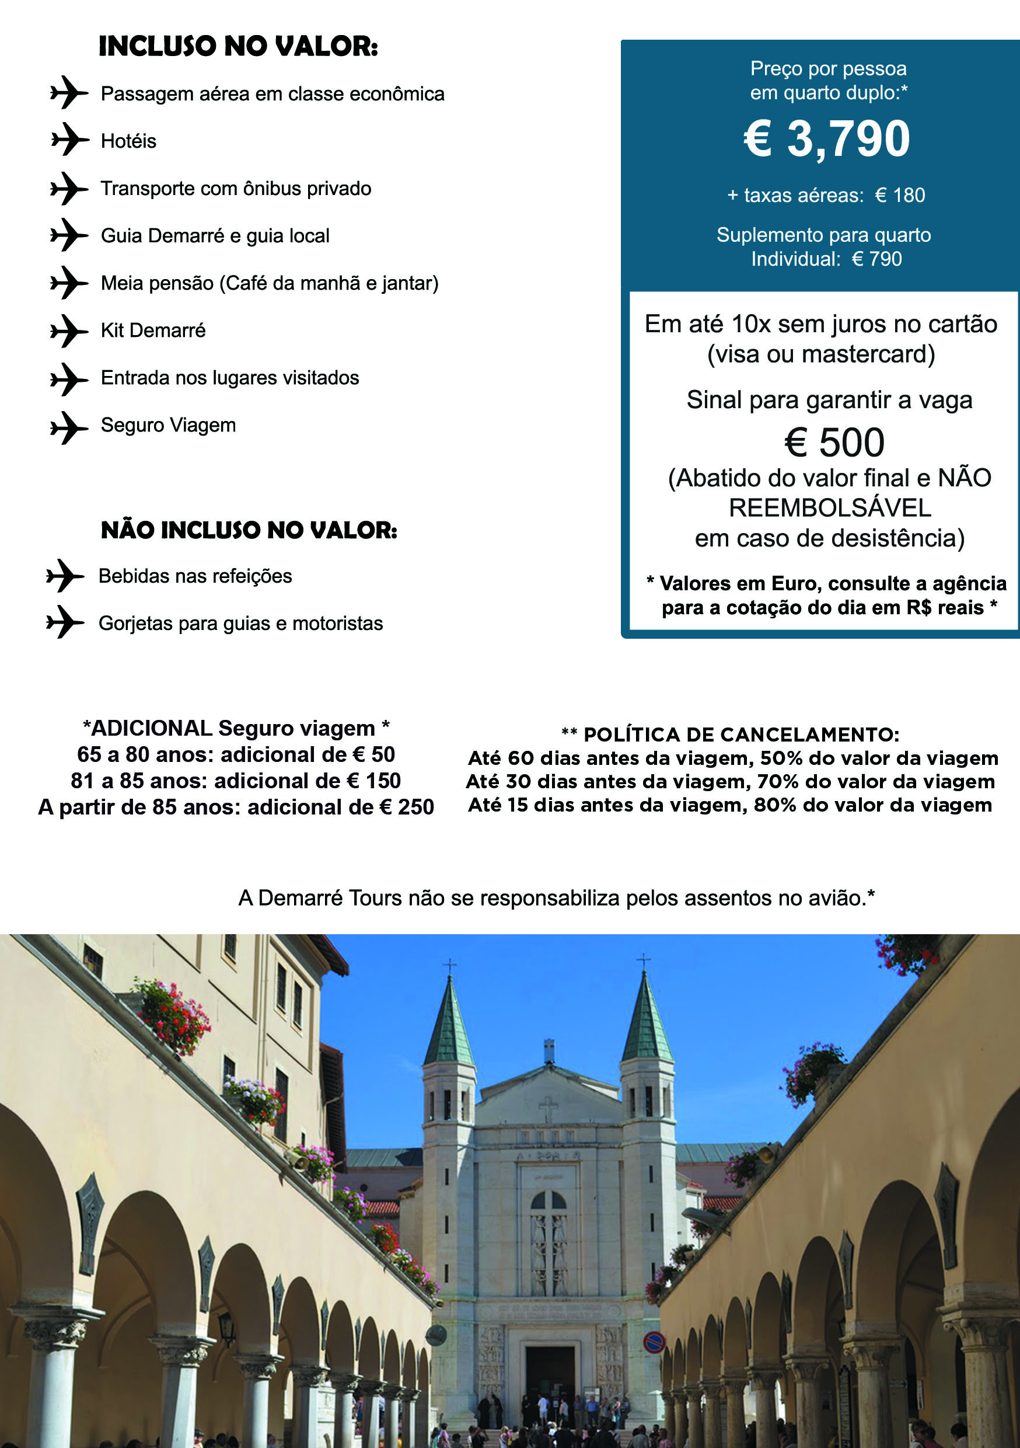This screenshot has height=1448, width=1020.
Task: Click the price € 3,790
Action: [826, 139]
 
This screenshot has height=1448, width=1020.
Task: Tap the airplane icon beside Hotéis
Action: [69, 140]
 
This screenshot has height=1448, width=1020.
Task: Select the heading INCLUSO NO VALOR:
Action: [238, 47]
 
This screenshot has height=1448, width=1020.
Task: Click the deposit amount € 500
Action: [834, 442]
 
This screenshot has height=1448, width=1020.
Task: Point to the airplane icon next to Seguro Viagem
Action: [68, 427]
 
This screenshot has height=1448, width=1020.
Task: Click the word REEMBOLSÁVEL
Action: [830, 509]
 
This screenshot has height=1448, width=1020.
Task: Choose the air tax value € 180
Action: [900, 196]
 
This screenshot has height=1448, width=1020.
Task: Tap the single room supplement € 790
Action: [877, 259]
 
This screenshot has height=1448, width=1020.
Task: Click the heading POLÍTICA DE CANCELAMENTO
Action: [740, 735]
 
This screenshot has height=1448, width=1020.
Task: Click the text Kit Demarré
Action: [153, 330]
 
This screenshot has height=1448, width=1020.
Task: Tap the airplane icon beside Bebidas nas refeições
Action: [64, 575]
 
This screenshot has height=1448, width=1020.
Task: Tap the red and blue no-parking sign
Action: [654, 1341]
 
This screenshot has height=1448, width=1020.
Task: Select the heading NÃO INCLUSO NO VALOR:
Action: [249, 530]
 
